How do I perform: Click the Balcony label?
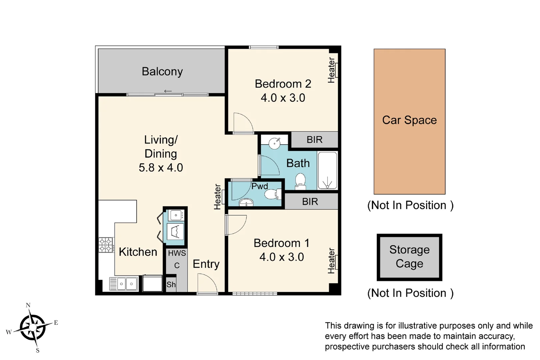(162, 71)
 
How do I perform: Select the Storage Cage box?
(409, 257)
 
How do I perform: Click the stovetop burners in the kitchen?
(106, 245)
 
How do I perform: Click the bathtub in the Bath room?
(327, 171)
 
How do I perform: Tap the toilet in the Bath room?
(300, 181)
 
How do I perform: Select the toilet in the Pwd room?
(272, 194)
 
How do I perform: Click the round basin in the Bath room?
(275, 144)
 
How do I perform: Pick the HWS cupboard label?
(177, 253)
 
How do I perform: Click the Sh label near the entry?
(171, 284)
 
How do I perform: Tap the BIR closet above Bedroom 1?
(310, 202)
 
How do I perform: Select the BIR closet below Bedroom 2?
(314, 140)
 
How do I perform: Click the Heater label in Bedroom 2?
(331, 70)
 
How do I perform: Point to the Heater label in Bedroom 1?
(331, 261)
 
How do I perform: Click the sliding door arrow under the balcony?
(168, 91)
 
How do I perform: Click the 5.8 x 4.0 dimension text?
(161, 167)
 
